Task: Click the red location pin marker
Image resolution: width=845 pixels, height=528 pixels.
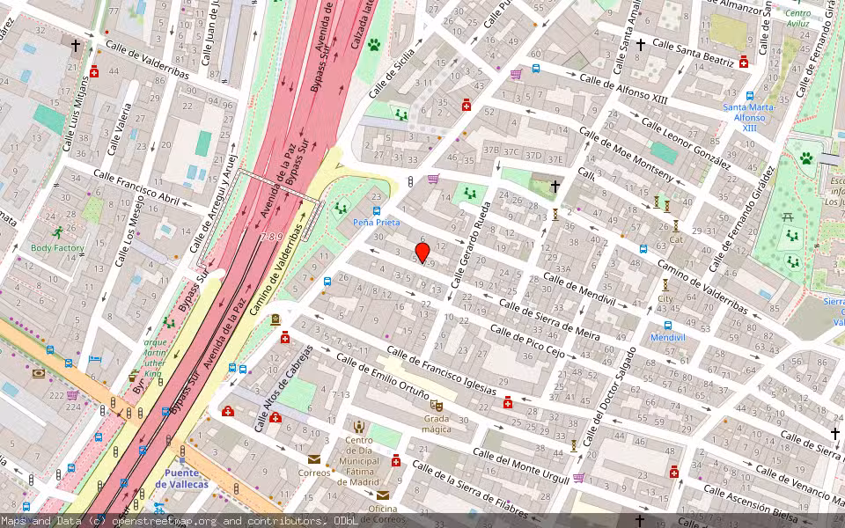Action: click(x=422, y=253)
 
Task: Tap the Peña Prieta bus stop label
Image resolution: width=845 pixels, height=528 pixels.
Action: click(x=378, y=223)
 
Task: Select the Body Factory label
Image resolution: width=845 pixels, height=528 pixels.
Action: click(x=57, y=248)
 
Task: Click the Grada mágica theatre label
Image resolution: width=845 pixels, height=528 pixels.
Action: click(x=437, y=423)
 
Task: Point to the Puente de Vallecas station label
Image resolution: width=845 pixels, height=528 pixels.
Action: click(x=181, y=479)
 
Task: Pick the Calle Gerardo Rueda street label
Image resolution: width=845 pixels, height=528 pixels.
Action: click(x=472, y=246)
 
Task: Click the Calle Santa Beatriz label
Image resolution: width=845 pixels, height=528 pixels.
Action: click(x=693, y=53)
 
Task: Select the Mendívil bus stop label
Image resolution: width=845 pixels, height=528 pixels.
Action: click(x=666, y=337)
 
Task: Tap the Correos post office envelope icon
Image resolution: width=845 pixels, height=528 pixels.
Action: click(x=314, y=458)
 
